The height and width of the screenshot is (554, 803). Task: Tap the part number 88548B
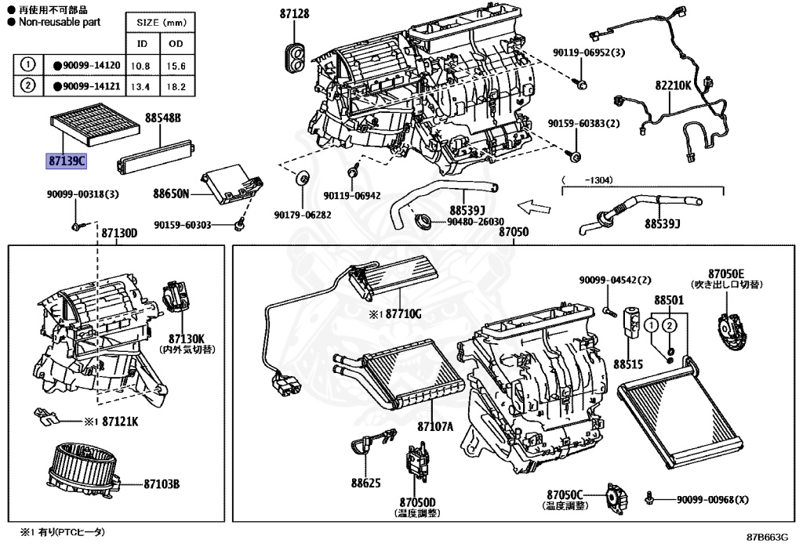pos(162,118)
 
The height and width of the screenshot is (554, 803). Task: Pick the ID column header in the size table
pos(142,43)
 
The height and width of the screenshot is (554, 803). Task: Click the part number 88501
pos(669,300)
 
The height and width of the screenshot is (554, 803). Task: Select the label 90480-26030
pos(475,222)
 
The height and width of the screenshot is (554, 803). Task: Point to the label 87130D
pos(119,233)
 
